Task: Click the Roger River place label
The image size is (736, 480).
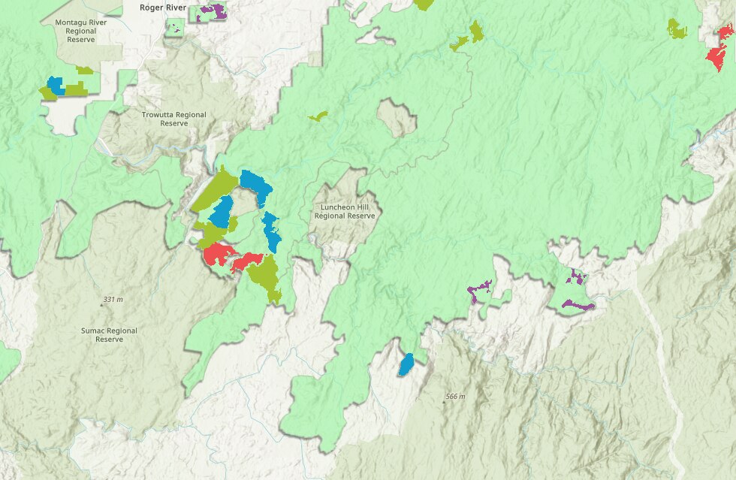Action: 163,7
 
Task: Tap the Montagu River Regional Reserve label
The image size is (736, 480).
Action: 81,30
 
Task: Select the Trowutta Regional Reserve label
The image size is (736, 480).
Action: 173,119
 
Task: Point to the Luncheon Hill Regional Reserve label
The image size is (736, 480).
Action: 344,211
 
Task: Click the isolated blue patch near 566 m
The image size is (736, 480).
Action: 406,364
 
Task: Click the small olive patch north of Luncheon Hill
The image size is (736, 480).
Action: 318,116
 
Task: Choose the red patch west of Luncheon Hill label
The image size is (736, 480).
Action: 217,255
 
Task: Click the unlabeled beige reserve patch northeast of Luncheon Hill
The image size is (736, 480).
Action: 396,118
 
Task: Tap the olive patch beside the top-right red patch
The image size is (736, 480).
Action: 677,29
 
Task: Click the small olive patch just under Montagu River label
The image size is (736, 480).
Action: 84,70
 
